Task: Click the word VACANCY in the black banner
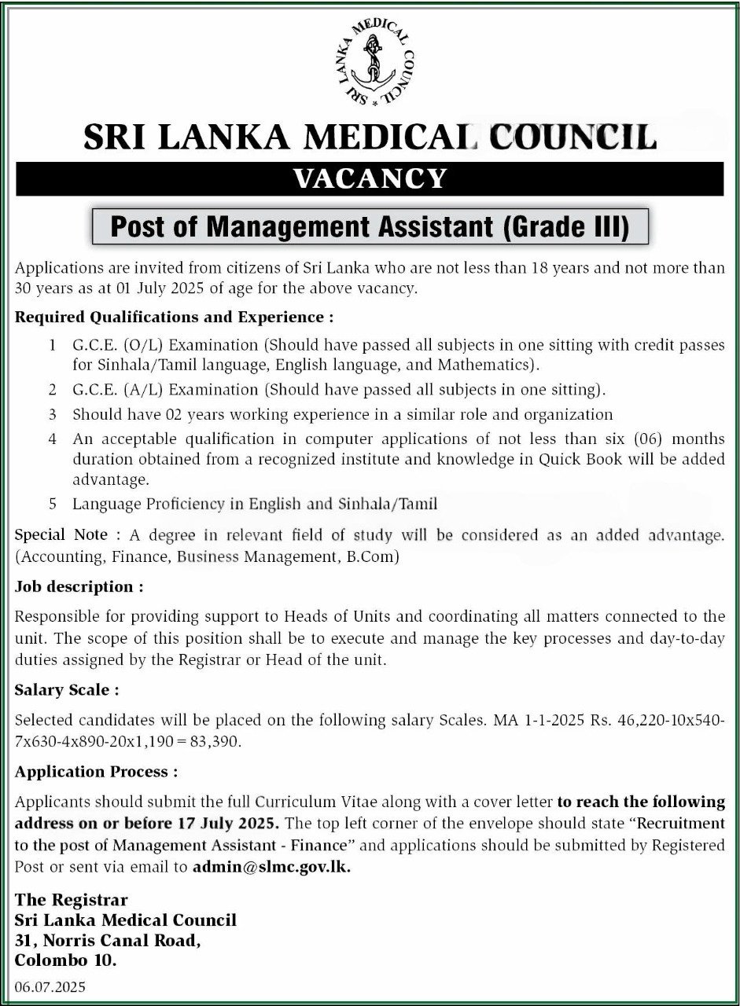(370, 179)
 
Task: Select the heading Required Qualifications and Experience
(174, 318)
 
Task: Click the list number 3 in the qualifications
(53, 413)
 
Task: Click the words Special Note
(61, 535)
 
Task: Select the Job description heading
(79, 586)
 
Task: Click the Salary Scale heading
(67, 690)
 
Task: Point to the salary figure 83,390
(220, 741)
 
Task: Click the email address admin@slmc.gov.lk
(271, 867)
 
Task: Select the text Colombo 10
(65, 960)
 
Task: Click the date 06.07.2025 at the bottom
(50, 986)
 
